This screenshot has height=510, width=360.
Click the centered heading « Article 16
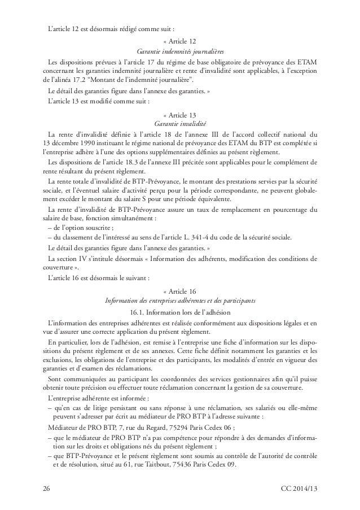180,291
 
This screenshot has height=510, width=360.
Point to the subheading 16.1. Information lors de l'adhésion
180,311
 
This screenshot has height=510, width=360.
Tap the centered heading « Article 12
180,41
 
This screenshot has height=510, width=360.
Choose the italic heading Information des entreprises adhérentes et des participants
180,300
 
